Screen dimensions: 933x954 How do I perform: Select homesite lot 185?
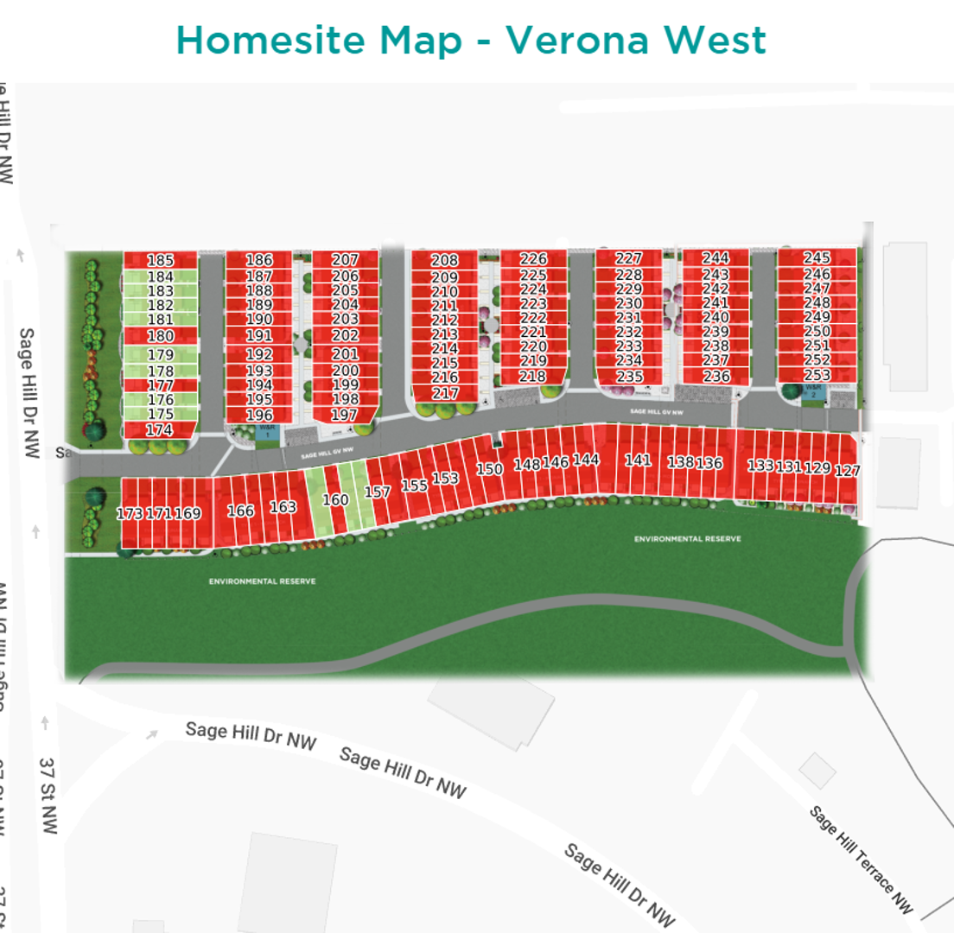click(160, 260)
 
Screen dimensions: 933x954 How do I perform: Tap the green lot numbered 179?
click(160, 355)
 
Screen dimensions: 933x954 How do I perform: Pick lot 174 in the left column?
click(159, 429)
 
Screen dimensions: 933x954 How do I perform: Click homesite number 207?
click(345, 260)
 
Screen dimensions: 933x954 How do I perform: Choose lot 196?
click(259, 415)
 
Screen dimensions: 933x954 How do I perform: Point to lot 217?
click(445, 393)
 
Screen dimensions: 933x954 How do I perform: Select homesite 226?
click(533, 259)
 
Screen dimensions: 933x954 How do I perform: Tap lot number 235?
click(629, 377)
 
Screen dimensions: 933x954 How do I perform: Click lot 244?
click(715, 258)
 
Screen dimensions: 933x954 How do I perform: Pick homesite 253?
click(817, 375)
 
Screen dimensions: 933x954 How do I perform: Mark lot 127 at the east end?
click(847, 471)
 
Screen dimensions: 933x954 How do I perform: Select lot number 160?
click(335, 500)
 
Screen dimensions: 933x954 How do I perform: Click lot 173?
click(130, 514)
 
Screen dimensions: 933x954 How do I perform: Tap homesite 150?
click(489, 469)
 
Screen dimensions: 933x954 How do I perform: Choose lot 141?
click(638, 460)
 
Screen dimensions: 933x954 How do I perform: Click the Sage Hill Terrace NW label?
click(861, 859)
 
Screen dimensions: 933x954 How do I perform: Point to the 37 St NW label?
click(48, 795)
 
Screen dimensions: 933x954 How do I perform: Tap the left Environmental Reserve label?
click(262, 581)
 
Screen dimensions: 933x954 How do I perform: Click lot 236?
click(716, 376)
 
